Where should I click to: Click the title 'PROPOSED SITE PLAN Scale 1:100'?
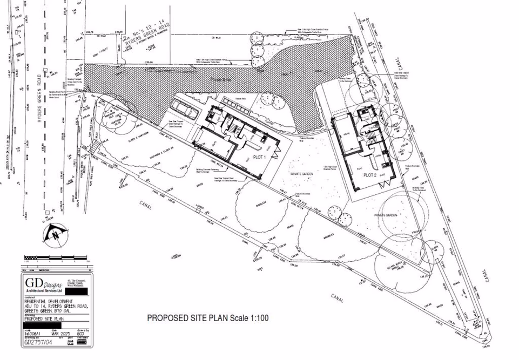[208, 318]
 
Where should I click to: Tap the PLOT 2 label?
[369, 175]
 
